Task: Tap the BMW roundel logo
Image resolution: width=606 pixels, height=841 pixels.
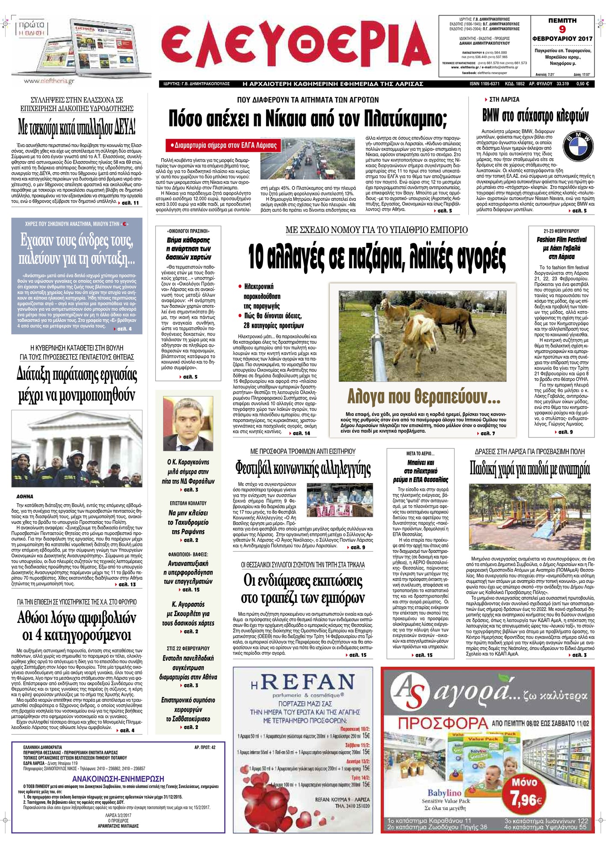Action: [577, 146]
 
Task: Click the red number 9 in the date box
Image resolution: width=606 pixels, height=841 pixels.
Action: [562, 30]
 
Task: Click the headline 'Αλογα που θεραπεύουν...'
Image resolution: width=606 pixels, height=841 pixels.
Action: [423, 397]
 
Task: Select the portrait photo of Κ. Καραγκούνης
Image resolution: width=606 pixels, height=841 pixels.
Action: [188, 423]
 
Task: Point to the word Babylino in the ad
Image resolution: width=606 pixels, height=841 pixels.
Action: [445, 793]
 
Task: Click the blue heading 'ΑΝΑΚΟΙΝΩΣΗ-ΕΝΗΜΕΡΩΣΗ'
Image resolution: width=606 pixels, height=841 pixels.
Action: [118, 779]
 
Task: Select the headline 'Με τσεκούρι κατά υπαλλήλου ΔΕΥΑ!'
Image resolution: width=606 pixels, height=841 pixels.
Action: [77, 127]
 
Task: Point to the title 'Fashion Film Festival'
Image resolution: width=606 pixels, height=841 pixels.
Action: [562, 239]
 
